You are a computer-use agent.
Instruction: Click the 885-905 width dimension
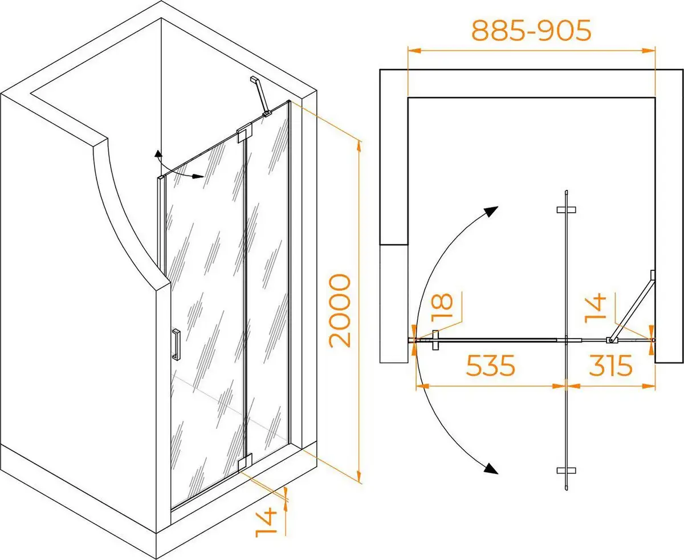pyautogui.click(x=531, y=30)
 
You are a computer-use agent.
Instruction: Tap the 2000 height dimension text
pyautogui.click(x=340, y=311)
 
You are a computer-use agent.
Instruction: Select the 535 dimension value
pyautogui.click(x=490, y=365)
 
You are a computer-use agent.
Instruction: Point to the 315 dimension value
pyautogui.click(x=610, y=365)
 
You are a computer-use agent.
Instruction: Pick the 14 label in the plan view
pyautogui.click(x=595, y=309)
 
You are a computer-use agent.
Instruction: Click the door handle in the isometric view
pyautogui.click(x=176, y=344)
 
